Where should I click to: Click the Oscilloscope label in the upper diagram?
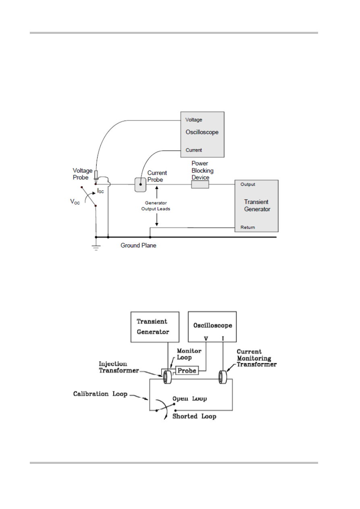(202, 132)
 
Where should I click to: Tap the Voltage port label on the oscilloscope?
(194, 120)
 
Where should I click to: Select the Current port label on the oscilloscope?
(194, 150)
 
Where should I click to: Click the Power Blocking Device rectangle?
(200, 185)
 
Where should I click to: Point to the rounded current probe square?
(140, 185)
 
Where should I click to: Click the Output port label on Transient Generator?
(248, 185)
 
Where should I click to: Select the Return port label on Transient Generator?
(248, 227)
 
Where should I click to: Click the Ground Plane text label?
(138, 245)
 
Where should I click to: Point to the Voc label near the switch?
(75, 202)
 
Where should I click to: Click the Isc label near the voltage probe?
(100, 191)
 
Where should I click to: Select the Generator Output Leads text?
(155, 206)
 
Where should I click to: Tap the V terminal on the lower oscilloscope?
(206, 339)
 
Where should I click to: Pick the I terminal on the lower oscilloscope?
(223, 339)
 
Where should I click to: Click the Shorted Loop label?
(194, 416)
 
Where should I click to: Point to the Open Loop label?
(189, 399)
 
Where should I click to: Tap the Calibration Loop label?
(100, 394)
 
